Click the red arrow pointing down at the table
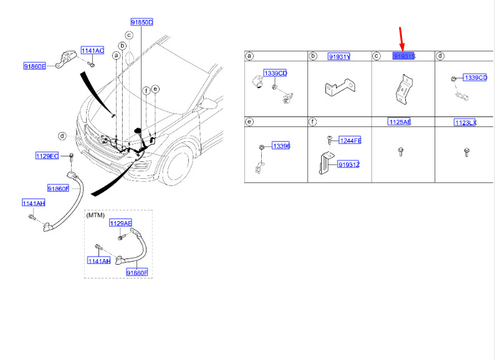click(402, 39)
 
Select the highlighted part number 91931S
click(404, 57)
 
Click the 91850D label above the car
click(142, 22)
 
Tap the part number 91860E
click(35, 66)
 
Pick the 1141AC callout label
click(92, 50)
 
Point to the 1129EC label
click(47, 156)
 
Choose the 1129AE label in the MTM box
click(121, 223)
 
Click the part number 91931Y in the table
click(339, 57)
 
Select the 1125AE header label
click(399, 122)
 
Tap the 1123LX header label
click(465, 123)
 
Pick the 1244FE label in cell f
click(350, 141)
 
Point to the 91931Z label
click(348, 164)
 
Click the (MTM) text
click(97, 215)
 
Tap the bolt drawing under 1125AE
click(400, 151)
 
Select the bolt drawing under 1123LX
click(466, 151)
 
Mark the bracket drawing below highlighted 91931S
click(401, 89)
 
